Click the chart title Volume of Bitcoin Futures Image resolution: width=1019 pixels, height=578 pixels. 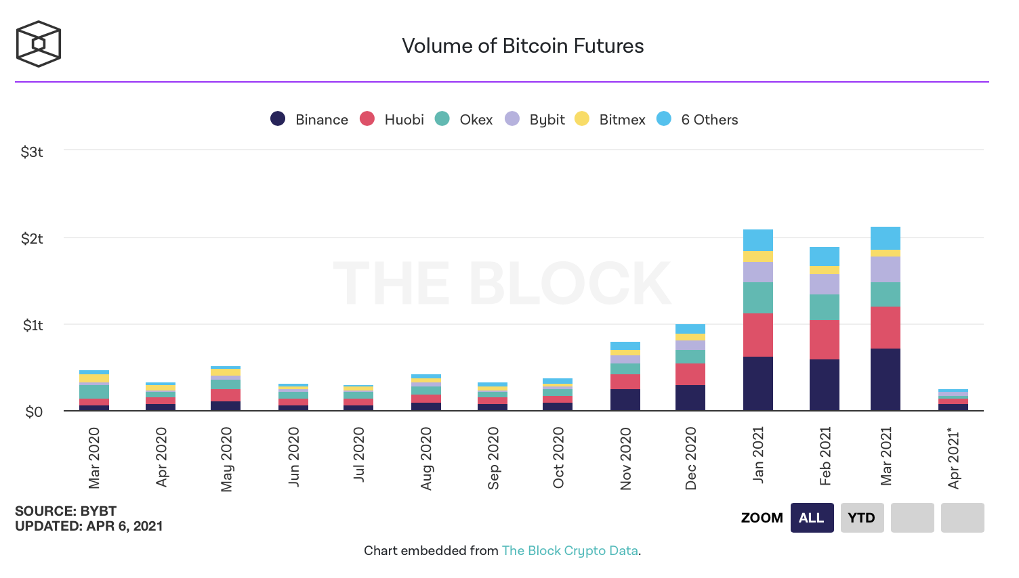coord(522,46)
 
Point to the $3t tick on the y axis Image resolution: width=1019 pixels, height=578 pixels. coord(32,152)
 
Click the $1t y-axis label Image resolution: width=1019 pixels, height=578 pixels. coord(33,326)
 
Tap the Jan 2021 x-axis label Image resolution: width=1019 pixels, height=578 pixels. coord(758,455)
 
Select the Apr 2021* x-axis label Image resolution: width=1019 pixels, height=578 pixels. coord(954,458)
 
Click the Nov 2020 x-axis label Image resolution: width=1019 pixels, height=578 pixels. coord(626,458)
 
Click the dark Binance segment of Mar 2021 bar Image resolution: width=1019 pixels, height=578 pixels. coord(885,379)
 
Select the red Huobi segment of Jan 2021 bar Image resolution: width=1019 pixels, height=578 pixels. coord(757,335)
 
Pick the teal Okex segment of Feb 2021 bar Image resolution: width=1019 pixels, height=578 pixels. coord(824,307)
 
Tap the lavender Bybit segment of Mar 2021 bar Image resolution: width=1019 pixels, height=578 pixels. coord(885,269)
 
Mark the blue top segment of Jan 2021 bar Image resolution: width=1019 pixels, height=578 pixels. coord(757,240)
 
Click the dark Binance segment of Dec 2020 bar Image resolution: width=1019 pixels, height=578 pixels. coord(690,397)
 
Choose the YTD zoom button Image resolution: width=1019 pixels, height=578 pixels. coord(862,518)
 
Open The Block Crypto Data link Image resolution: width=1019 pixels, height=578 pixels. coord(570,551)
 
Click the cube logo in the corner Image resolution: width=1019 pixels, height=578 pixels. coord(39,44)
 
